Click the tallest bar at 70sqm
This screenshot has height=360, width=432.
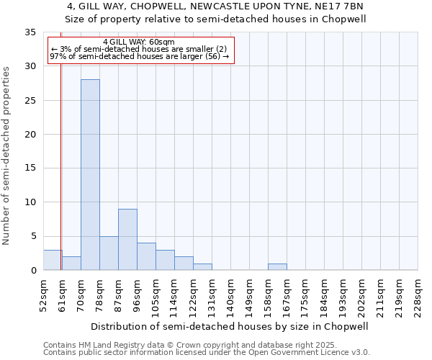click(90, 174)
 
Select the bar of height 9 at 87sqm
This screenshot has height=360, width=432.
click(127, 239)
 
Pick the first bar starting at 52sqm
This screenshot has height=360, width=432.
click(53, 260)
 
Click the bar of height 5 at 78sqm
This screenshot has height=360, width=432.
click(109, 253)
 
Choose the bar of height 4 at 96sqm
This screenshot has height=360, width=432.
click(146, 256)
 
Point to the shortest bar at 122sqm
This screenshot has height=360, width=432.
click(202, 266)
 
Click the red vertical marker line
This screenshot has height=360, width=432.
click(60, 158)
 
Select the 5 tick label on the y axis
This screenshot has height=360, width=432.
click(32, 236)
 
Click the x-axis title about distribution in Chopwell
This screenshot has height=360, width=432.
click(230, 326)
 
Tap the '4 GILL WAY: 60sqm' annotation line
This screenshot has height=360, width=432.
click(138, 42)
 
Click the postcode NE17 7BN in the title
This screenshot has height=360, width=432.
click(343, 6)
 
